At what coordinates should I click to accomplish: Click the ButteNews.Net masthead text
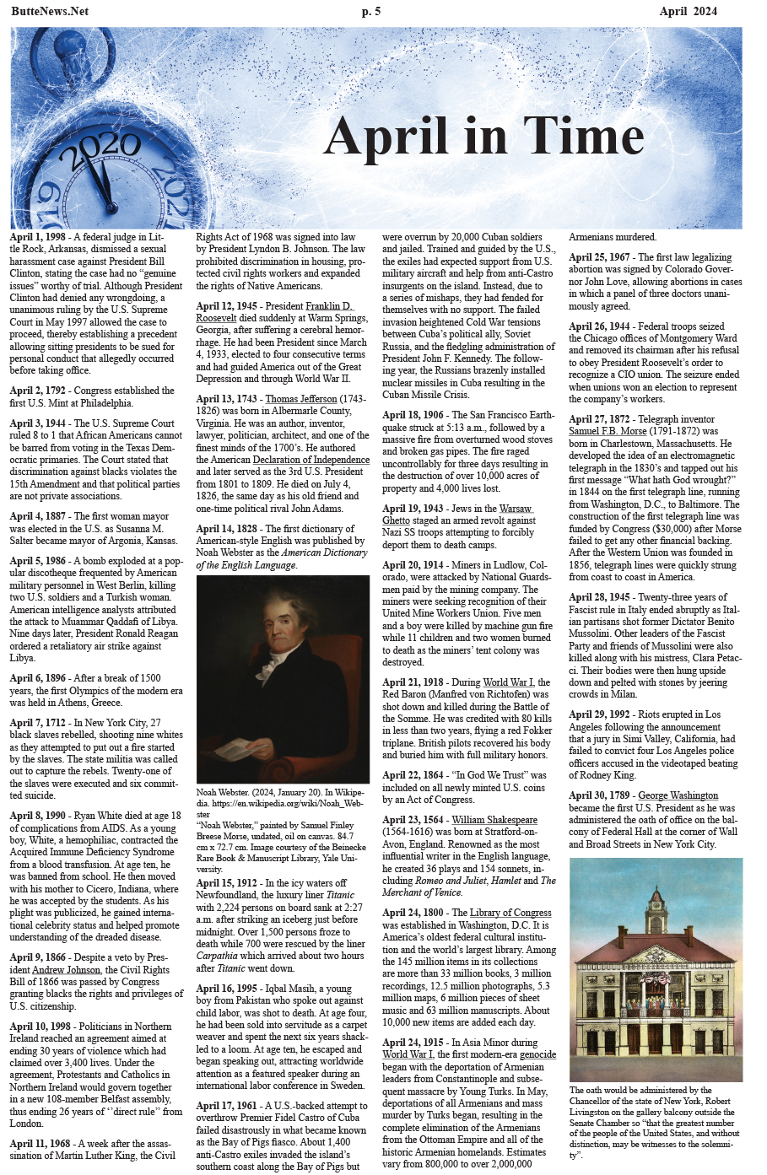50,11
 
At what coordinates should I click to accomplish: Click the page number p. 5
371,11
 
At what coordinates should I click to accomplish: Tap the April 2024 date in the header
689,11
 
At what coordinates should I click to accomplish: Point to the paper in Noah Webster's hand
235,749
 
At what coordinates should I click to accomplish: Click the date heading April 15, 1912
228,883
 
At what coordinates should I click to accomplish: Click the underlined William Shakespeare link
494,819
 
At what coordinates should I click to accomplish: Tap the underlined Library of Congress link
510,913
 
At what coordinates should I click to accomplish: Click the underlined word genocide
537,1054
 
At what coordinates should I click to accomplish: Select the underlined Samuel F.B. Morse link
607,431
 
